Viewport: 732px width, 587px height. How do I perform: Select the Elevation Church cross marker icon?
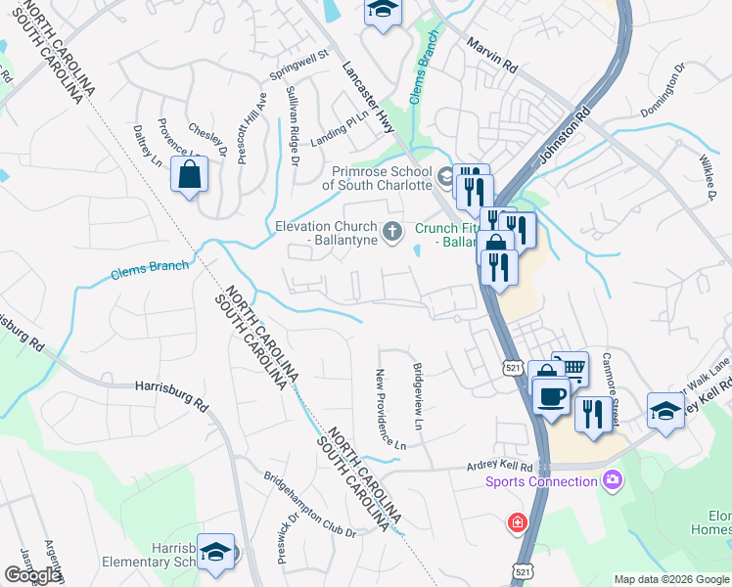coord(391,232)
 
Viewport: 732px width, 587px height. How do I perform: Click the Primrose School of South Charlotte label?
coord(377,178)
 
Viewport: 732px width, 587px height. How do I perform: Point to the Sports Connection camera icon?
coord(613,479)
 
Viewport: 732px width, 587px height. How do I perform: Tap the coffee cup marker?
coord(550,394)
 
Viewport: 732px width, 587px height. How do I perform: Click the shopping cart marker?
coord(570,370)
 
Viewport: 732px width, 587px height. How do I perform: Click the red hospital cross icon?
coord(516,524)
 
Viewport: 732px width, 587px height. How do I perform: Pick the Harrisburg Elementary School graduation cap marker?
coord(215,553)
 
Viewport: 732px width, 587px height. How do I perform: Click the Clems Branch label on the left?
coord(150,265)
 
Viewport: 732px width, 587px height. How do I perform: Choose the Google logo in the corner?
coord(32,575)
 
